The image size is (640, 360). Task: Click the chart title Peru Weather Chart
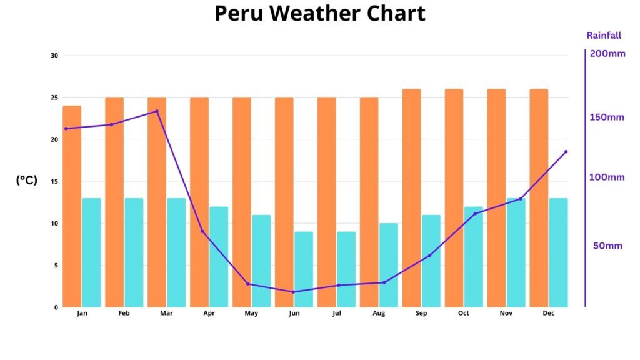(319, 13)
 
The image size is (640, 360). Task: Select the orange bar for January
(72, 206)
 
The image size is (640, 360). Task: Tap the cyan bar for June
(304, 269)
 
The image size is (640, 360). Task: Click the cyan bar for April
(219, 257)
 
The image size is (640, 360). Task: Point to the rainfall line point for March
(156, 111)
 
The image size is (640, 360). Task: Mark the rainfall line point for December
(566, 152)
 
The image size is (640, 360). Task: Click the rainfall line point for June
(293, 292)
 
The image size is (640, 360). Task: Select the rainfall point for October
(475, 214)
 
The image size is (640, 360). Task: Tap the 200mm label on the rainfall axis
(607, 54)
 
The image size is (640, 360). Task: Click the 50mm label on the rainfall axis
(607, 246)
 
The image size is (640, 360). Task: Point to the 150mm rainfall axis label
(607, 117)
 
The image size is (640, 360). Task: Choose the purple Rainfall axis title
(604, 36)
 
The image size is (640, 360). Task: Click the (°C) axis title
(27, 180)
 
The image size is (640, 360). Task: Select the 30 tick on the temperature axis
(54, 56)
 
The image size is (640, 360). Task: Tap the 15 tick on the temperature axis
(54, 181)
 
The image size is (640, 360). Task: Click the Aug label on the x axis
(379, 313)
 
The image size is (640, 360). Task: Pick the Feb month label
(124, 313)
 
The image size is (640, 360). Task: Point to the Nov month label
(506, 313)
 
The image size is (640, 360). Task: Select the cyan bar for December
(559, 252)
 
